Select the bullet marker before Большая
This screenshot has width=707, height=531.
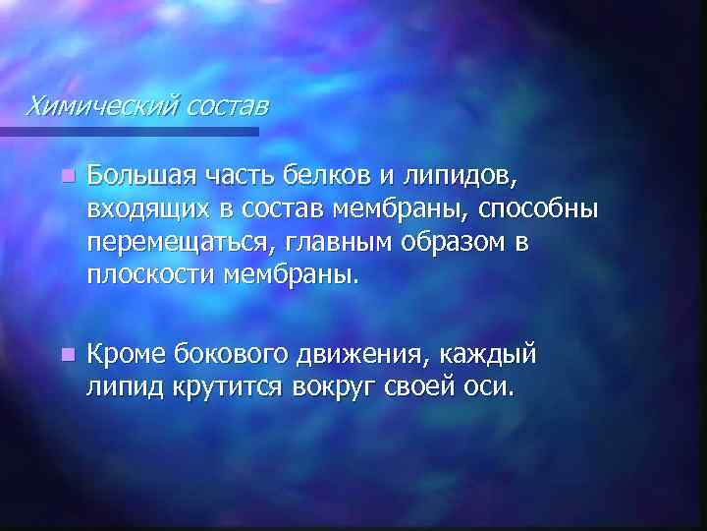tap(65, 177)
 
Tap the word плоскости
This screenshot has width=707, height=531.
tap(146, 275)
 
